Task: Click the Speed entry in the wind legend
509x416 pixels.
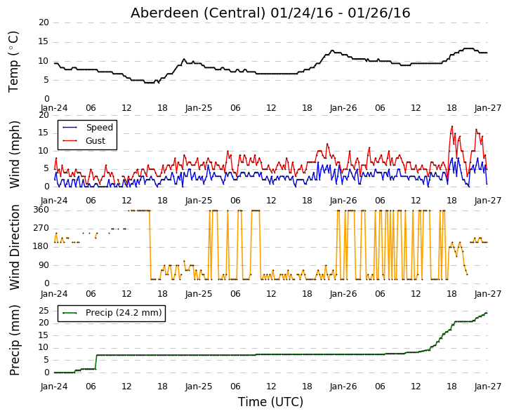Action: click(x=99, y=128)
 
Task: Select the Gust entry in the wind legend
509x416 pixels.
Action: click(x=95, y=141)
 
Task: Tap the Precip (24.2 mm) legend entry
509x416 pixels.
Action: click(x=124, y=313)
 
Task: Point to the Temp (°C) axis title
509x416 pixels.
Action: click(x=13, y=62)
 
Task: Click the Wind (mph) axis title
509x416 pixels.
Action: click(x=14, y=154)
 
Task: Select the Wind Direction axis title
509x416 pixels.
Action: click(x=14, y=247)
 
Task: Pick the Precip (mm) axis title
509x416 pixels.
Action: click(x=14, y=340)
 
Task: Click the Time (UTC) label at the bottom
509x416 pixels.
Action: click(x=271, y=402)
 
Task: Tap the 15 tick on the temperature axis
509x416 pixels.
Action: click(x=44, y=42)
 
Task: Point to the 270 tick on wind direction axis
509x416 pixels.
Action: click(x=41, y=228)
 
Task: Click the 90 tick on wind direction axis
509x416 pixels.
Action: click(x=44, y=265)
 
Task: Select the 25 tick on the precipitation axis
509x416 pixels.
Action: click(x=44, y=311)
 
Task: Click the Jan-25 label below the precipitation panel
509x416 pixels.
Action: click(x=199, y=387)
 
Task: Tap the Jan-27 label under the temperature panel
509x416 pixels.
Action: click(x=487, y=108)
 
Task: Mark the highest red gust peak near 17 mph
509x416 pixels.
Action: click(x=452, y=126)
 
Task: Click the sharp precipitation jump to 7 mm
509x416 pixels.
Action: click(x=96, y=362)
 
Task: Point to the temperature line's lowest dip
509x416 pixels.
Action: click(x=150, y=83)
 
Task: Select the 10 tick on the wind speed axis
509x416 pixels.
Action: click(x=44, y=151)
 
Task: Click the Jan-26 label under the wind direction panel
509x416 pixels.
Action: click(x=343, y=294)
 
